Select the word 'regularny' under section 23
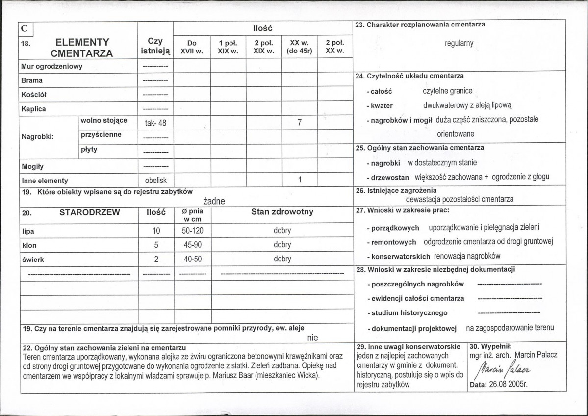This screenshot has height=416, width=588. pos(459,43)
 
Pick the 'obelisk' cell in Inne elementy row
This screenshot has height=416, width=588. pos(155,180)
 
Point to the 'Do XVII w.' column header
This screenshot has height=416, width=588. pos(192,47)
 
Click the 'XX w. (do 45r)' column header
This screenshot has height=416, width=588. pos(299,47)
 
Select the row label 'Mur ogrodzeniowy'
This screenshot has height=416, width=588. pos(51,66)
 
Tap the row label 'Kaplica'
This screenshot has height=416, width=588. pos(33,108)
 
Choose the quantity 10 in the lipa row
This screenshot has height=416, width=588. pos(155,231)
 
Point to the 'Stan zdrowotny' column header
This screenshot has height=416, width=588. pos(282,212)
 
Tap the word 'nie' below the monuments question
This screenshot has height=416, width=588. pos(312,338)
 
